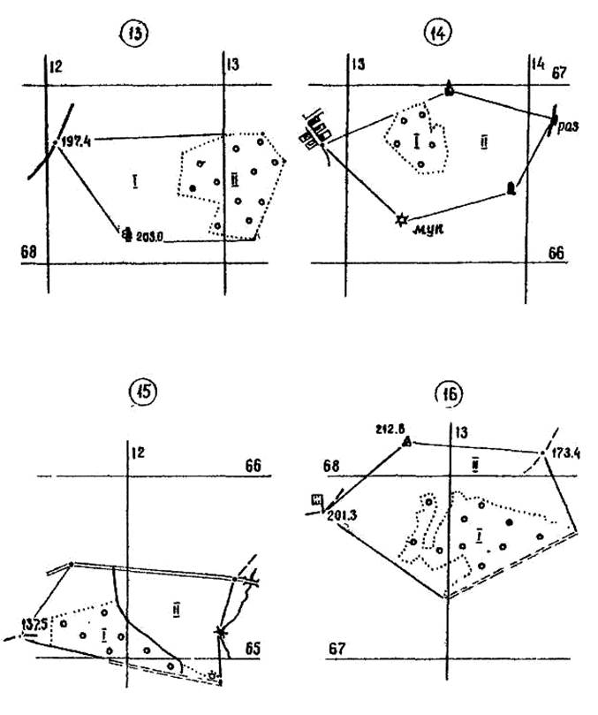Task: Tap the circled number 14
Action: pyautogui.click(x=435, y=36)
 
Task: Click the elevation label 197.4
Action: pyautogui.click(x=78, y=139)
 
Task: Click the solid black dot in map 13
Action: pyautogui.click(x=192, y=187)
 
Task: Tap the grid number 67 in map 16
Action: pyautogui.click(x=337, y=647)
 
